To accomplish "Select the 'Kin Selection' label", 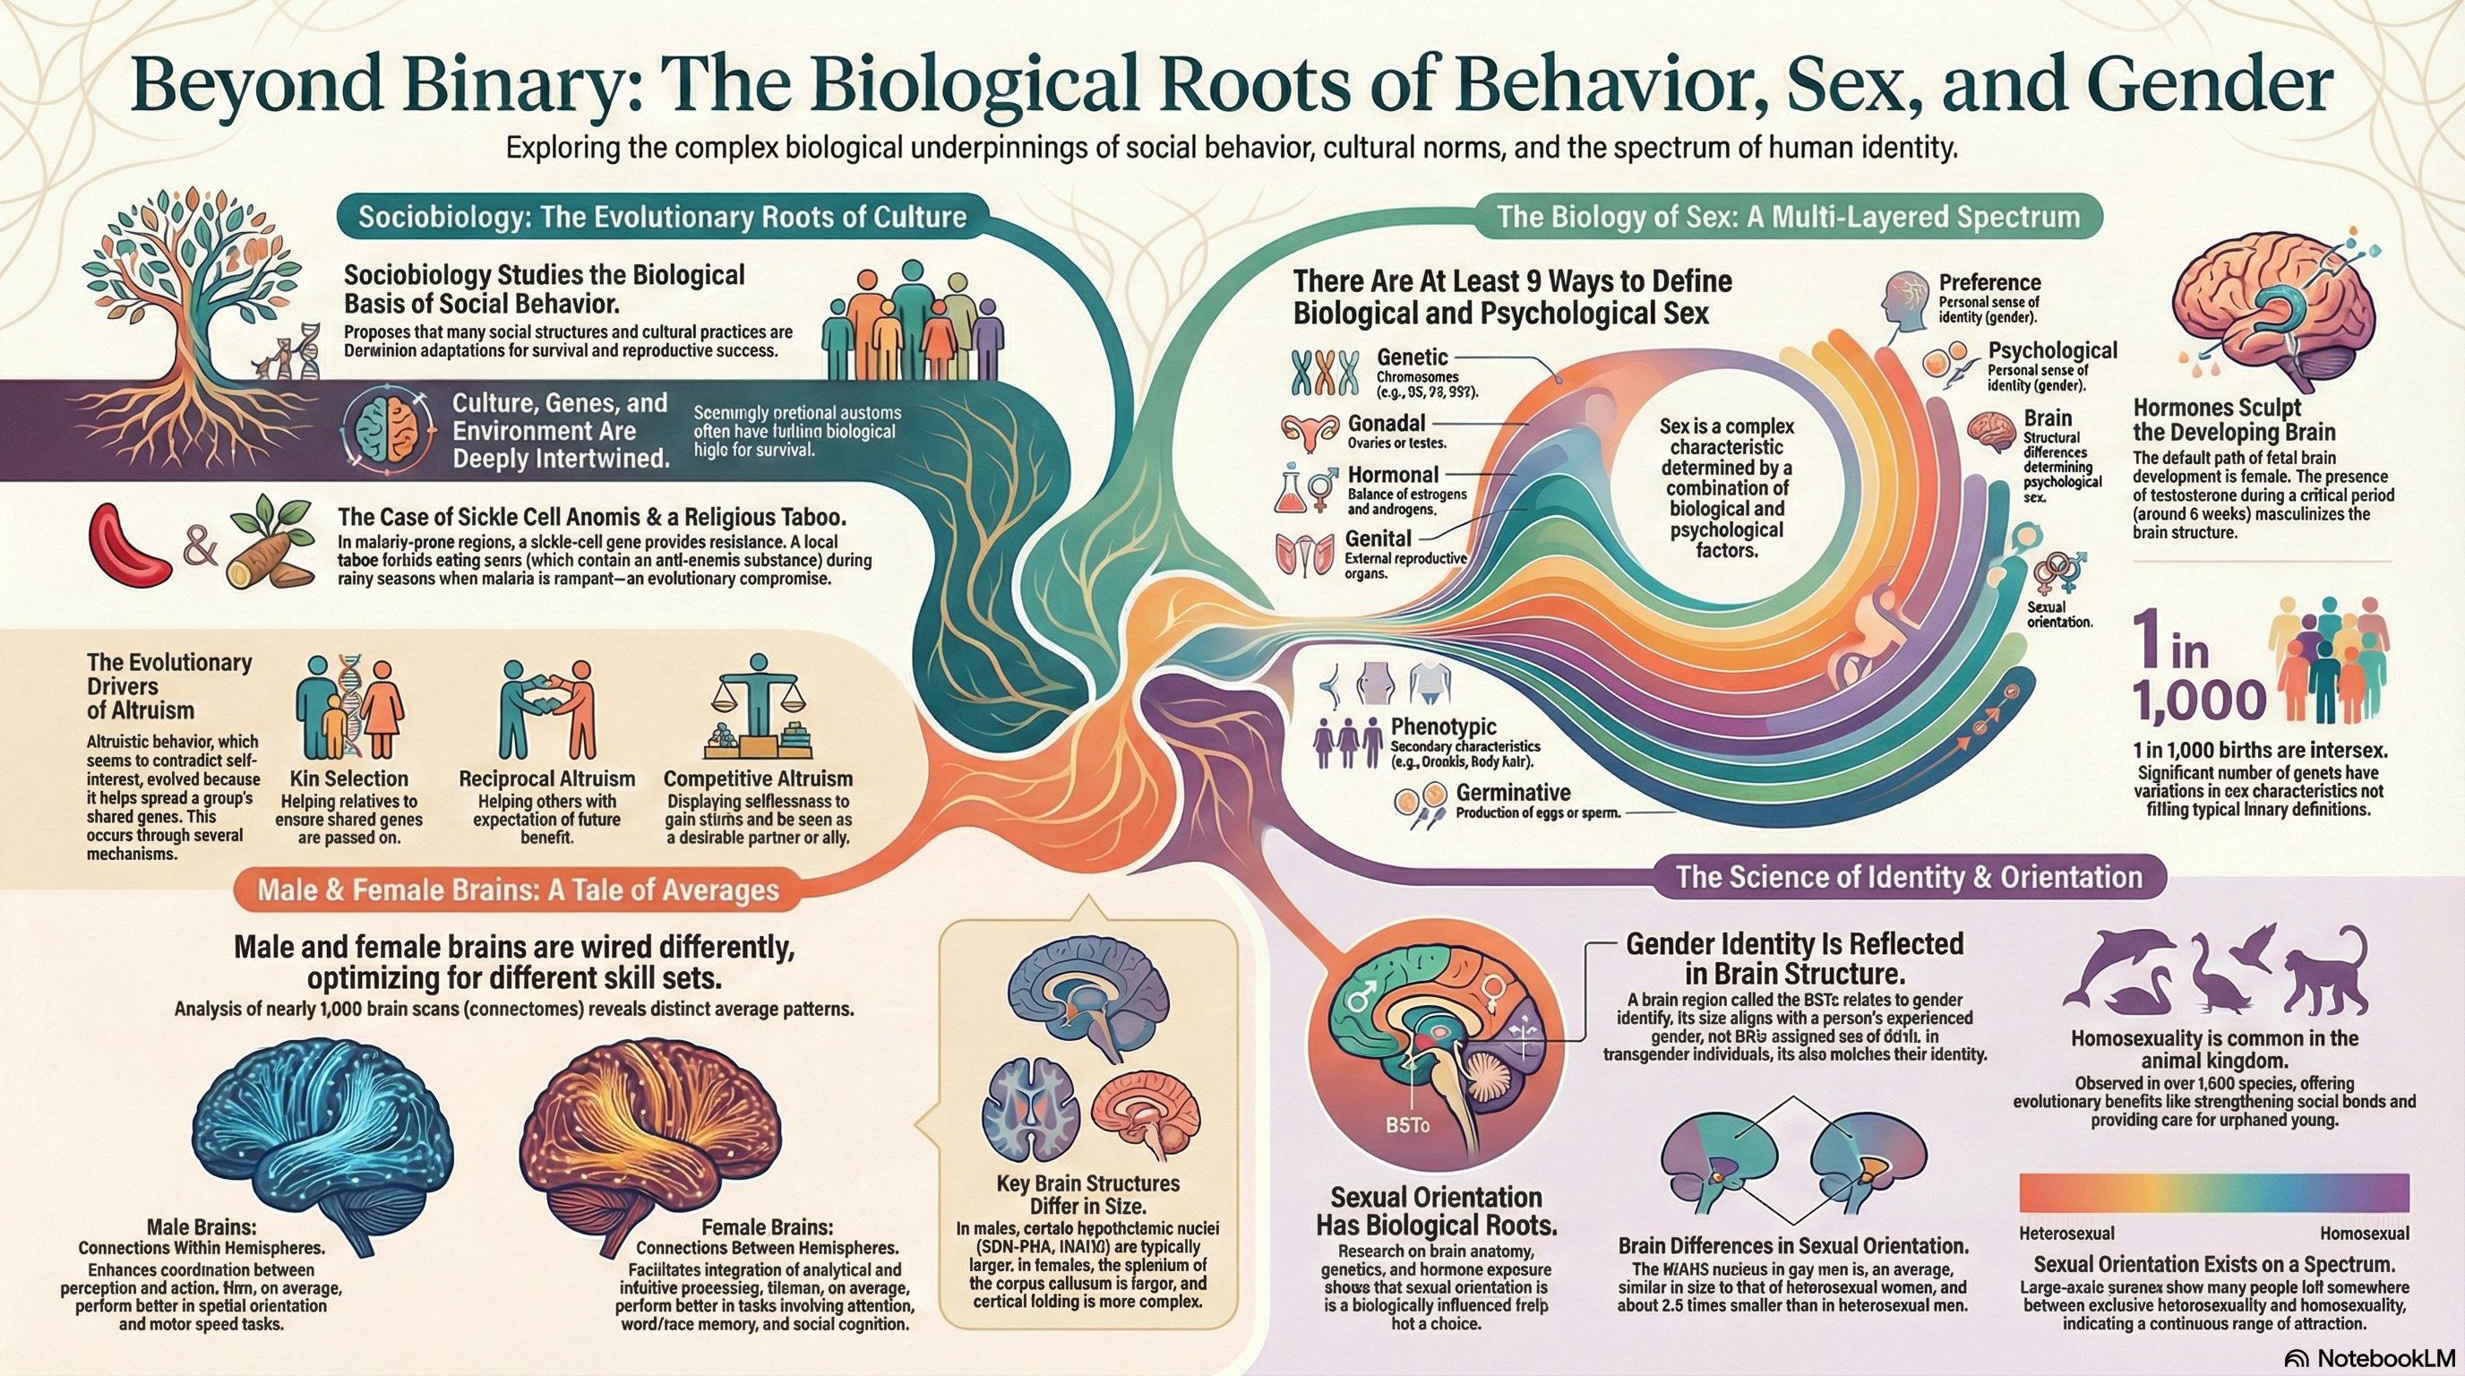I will [x=348, y=778].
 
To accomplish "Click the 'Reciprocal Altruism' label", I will [x=546, y=778].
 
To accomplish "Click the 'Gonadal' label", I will [x=1387, y=423].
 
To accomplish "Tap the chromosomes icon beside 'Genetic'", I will [x=1326, y=373].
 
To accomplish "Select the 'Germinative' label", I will [x=1513, y=792].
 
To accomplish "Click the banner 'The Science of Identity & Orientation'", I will [x=1908, y=877].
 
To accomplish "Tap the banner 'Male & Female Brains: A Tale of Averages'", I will [x=519, y=890].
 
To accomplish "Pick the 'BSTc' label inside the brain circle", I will [x=1404, y=1126].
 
